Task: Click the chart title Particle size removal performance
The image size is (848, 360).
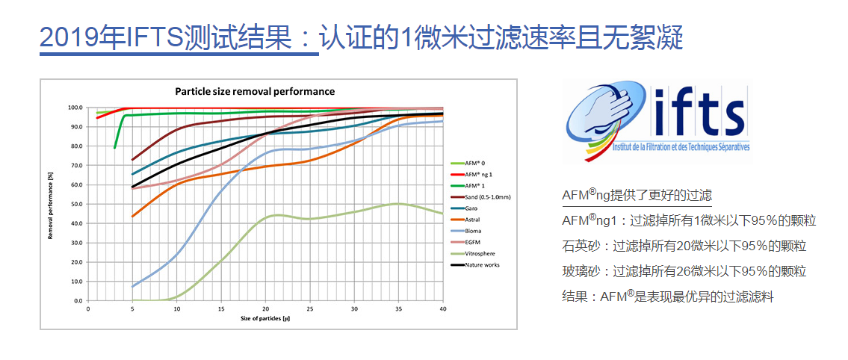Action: tap(254, 91)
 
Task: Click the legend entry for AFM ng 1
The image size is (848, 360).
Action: tap(477, 173)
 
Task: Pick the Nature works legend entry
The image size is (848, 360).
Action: tap(482, 264)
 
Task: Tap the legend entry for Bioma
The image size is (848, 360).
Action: tap(474, 231)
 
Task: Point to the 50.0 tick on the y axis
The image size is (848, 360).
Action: tap(76, 204)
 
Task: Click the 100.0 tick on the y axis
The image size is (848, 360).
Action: tap(75, 108)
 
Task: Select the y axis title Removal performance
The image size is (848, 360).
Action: tap(51, 204)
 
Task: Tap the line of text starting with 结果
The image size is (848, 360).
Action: tap(667, 297)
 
